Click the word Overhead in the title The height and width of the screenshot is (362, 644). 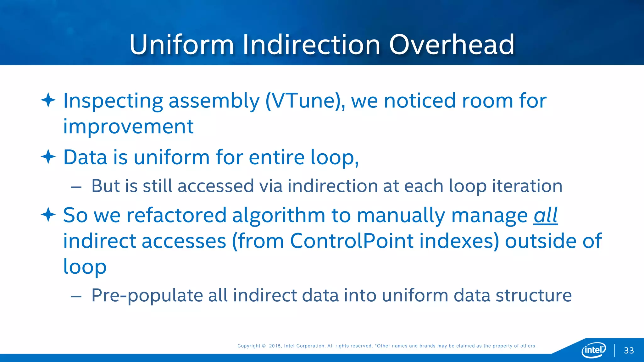(452, 45)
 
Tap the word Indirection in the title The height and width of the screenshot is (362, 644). (311, 45)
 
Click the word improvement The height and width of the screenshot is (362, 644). (128, 127)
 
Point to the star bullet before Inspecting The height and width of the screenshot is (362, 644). (48, 100)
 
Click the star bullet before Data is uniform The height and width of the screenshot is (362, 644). (48, 156)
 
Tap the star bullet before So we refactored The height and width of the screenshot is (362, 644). (48, 215)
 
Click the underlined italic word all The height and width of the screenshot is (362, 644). (546, 216)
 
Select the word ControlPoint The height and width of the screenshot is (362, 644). (352, 241)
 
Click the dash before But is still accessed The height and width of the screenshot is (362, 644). (76, 187)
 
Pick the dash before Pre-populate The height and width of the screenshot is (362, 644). (76, 296)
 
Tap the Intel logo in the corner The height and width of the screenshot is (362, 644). (593, 350)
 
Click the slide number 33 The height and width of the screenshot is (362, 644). (629, 351)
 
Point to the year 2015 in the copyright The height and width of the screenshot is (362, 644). (275, 346)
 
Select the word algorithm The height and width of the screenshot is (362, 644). (279, 216)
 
